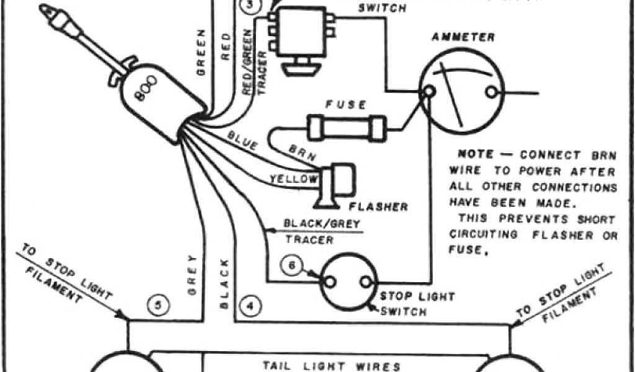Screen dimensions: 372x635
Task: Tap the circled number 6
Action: click(292, 265)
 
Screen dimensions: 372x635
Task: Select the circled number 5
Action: click(158, 304)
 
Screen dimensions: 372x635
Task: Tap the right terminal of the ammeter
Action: click(492, 92)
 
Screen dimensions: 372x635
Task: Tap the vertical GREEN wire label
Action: click(201, 52)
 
